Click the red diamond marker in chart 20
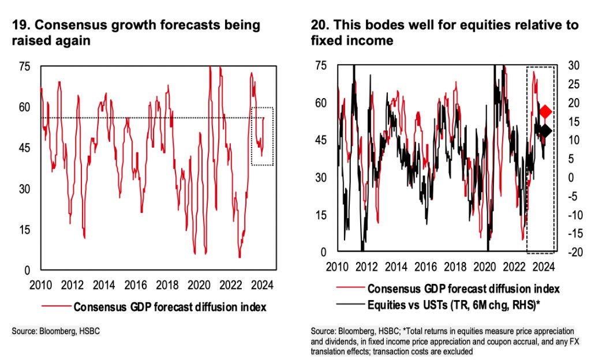tap(546, 111)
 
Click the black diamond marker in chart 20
tap(546, 131)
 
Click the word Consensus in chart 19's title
tap(64, 25)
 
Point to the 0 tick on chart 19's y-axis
tap(27, 270)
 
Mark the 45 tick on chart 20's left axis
tap(320, 140)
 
